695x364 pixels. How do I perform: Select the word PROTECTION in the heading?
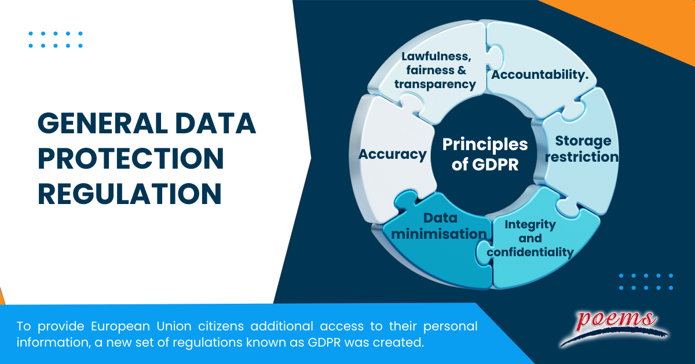click(x=130, y=158)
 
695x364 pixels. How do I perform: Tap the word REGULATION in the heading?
click(x=130, y=193)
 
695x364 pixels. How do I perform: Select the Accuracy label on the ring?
click(x=392, y=155)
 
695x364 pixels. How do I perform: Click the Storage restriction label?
click(x=583, y=149)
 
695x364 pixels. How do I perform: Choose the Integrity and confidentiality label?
click(x=530, y=238)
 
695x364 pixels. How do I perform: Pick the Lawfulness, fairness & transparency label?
click(x=435, y=71)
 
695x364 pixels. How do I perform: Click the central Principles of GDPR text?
click(x=485, y=154)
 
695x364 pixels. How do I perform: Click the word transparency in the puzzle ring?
click(x=435, y=84)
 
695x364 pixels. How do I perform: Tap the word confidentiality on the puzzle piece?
click(x=530, y=252)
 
